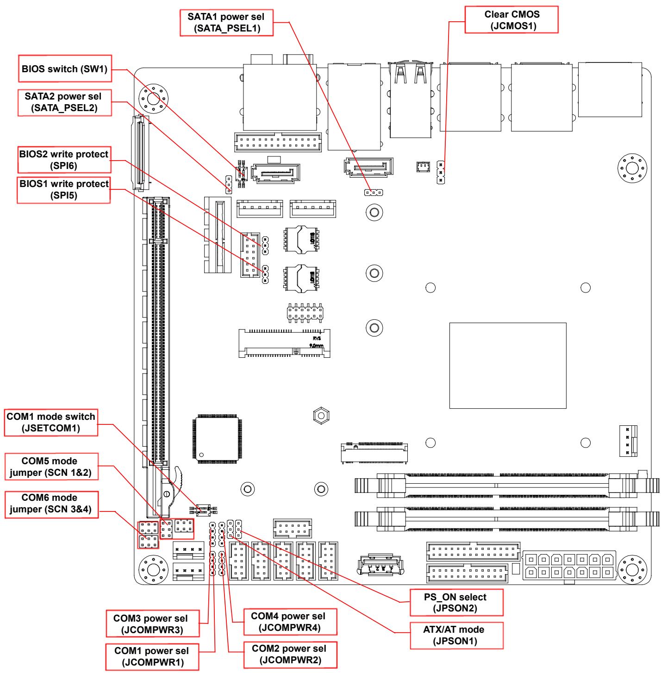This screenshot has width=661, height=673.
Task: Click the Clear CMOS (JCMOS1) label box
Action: (511, 20)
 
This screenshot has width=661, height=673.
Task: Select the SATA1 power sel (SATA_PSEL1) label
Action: (226, 23)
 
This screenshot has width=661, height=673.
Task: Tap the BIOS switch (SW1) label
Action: (65, 69)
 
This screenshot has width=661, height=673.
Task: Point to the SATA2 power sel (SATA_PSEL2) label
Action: (65, 102)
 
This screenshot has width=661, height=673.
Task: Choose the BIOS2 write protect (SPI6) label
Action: (64, 160)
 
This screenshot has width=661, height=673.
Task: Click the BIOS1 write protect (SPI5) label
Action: (64, 190)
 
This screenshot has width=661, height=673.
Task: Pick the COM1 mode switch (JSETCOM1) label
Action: (51, 422)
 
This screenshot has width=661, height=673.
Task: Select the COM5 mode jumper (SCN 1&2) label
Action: (51, 467)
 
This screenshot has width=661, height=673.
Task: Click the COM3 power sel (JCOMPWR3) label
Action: (153, 624)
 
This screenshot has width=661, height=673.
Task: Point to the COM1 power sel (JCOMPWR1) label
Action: (152, 657)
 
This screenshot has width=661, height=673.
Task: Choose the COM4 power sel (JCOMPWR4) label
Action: (290, 622)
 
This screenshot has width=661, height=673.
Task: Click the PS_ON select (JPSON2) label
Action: (456, 603)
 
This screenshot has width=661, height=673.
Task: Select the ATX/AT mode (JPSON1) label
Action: (456, 636)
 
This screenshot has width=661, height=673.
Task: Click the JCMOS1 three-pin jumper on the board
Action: (441, 172)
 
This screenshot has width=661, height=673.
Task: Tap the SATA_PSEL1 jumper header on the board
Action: (374, 193)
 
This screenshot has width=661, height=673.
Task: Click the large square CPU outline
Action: (508, 365)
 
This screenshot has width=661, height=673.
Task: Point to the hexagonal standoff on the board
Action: (321, 416)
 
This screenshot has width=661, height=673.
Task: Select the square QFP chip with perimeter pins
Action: (217, 439)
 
